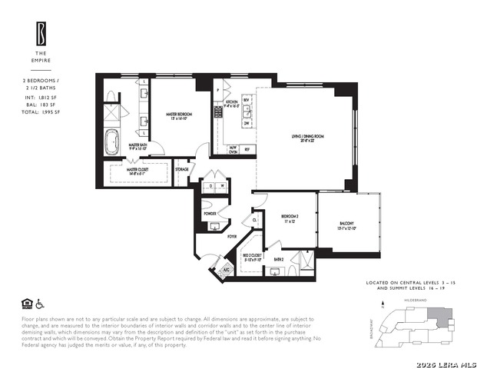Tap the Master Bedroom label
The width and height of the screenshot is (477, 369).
[180, 115]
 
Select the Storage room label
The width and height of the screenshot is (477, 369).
[182, 169]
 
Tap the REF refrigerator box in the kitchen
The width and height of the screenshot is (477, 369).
[247, 149]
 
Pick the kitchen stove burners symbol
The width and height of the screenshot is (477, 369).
[218, 112]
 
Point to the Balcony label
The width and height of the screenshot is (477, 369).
[349, 227]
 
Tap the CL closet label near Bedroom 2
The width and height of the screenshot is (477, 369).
[255, 220]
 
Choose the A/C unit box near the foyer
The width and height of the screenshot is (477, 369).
[227, 271]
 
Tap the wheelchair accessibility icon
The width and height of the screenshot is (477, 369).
[41, 303]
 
